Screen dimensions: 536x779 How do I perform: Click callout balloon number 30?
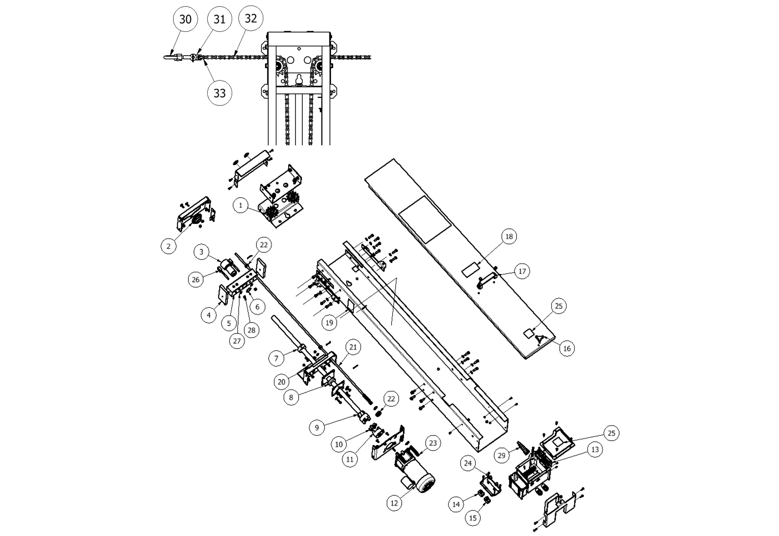click(185, 19)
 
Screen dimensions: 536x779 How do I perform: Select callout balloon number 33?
click(219, 93)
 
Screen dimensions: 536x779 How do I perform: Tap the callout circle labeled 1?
click(241, 205)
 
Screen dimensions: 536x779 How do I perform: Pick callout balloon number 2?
click(168, 246)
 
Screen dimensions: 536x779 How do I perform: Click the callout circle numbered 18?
click(509, 236)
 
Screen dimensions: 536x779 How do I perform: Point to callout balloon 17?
click(522, 271)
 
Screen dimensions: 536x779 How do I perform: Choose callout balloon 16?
click(567, 348)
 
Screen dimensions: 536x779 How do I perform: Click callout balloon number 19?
click(329, 323)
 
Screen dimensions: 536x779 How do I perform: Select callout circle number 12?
click(394, 503)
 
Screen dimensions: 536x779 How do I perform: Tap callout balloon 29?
click(501, 455)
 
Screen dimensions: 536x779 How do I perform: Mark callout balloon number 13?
click(595, 450)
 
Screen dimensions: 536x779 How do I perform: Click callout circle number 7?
click(276, 358)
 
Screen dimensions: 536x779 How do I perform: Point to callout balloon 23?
click(433, 443)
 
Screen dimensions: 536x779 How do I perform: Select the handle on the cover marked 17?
click(486, 280)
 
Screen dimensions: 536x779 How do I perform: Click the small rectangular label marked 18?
click(470, 269)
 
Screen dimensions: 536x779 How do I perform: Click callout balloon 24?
click(468, 463)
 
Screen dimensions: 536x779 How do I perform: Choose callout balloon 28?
click(252, 330)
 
